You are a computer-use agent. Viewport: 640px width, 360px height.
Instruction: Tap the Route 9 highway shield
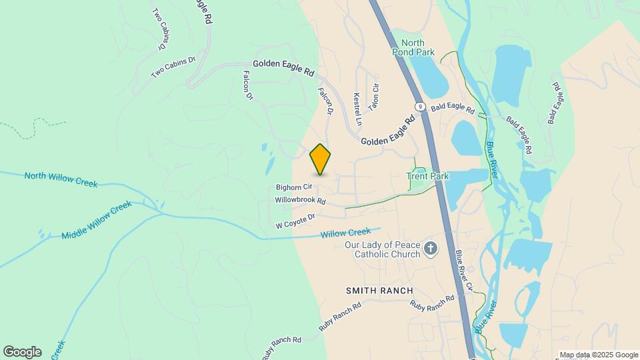click(419, 107)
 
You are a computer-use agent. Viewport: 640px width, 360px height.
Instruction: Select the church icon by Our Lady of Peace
click(431, 249)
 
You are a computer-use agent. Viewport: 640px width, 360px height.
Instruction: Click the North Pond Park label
click(408, 47)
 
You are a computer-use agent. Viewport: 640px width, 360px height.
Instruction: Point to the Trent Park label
click(428, 177)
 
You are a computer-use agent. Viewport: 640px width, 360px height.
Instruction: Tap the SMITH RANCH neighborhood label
click(379, 291)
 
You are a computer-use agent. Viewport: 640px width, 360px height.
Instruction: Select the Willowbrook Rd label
click(300, 200)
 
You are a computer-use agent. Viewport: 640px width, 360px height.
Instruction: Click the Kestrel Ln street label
click(357, 109)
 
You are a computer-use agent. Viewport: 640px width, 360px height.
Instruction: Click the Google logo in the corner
click(22, 352)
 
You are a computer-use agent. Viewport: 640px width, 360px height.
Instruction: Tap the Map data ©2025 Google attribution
click(599, 355)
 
